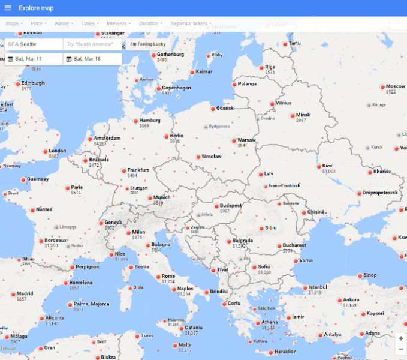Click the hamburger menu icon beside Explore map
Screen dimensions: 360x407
coord(8,8)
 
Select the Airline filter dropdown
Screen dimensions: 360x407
coord(64,23)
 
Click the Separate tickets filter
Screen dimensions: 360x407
coord(190,23)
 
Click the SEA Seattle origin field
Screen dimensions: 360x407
coord(34,44)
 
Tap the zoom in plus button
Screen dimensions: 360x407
coord(400,338)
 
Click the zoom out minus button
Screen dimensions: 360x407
coord(400,349)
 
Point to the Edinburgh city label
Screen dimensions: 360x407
coord(33,83)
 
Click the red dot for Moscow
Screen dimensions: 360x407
coord(382,87)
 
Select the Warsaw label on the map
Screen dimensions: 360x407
coord(246,140)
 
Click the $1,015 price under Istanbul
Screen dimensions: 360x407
coord(316,293)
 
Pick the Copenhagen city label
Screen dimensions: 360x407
coord(176,88)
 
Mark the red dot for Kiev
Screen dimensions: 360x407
coord(318,166)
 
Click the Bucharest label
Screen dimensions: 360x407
coord(294,245)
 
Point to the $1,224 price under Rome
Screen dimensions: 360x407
coord(168,281)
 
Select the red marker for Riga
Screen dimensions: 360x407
coord(261,68)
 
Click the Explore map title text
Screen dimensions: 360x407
coord(35,8)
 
